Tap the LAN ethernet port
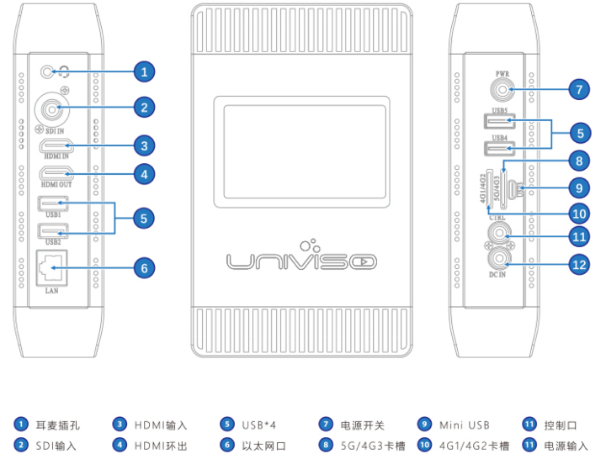(x=53, y=267)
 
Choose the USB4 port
(x=496, y=150)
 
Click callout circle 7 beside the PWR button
(x=577, y=87)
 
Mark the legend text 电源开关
(x=363, y=425)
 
